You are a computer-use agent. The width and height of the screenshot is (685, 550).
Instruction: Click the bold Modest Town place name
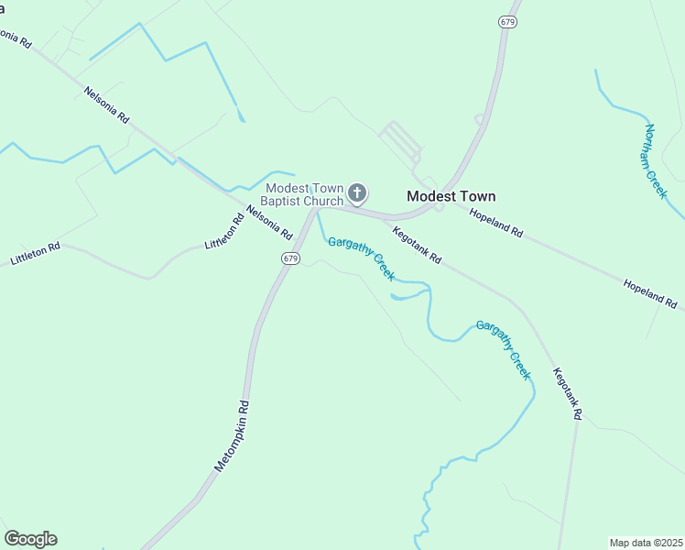[451, 196]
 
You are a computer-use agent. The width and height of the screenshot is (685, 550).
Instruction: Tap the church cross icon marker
[357, 192]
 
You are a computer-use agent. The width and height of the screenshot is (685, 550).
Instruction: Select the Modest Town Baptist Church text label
[302, 194]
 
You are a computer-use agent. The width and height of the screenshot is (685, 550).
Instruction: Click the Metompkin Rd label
[232, 435]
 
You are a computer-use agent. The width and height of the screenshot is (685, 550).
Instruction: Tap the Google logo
[30, 539]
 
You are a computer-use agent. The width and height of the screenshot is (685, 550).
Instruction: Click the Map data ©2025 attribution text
[646, 542]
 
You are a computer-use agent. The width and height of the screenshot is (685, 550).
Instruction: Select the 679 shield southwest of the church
[290, 258]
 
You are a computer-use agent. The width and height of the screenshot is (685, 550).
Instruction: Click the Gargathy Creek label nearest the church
[361, 258]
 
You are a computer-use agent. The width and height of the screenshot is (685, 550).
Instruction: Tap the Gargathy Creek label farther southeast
[503, 350]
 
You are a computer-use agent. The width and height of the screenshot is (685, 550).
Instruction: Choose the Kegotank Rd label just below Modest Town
[417, 246]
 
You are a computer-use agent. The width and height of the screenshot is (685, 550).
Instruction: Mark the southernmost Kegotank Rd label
[567, 393]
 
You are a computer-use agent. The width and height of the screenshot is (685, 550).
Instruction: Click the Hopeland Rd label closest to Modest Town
[495, 224]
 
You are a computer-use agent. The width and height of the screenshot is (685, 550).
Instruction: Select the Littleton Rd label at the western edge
[35, 254]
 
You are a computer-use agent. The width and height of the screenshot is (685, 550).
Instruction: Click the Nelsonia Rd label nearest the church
[268, 223]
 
